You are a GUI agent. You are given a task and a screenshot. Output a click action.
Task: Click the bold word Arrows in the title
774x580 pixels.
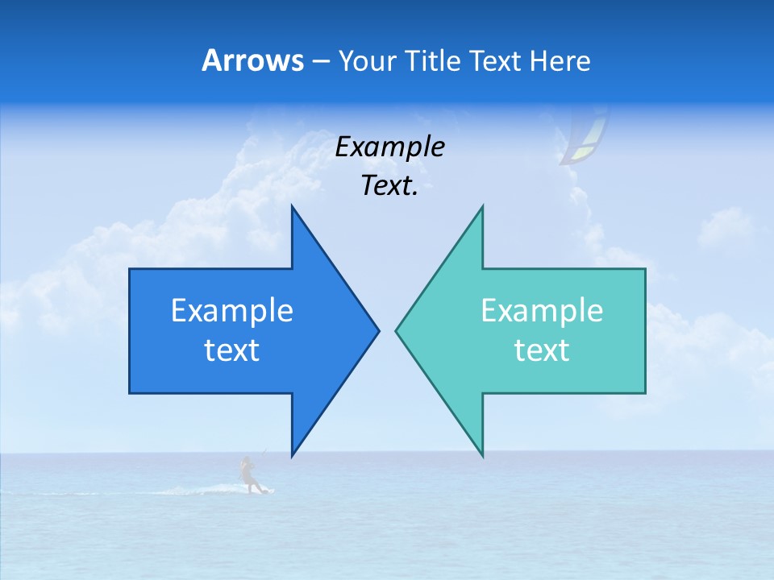click(252, 60)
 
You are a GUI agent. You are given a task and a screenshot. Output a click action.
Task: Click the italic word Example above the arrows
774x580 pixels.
click(389, 147)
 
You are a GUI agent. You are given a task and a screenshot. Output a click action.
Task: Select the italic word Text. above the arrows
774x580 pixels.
click(389, 186)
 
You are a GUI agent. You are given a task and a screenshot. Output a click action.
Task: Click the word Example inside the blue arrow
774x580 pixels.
click(232, 310)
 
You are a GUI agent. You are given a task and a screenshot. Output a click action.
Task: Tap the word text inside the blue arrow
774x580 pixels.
click(232, 350)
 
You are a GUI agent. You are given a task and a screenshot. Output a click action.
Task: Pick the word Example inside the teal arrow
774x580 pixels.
click(542, 310)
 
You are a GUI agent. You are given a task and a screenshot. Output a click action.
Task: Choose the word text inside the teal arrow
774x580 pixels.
click(542, 350)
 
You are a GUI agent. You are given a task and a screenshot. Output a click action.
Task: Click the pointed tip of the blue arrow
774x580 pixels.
click(378, 329)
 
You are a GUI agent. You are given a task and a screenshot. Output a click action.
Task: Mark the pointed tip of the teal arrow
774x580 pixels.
click(396, 329)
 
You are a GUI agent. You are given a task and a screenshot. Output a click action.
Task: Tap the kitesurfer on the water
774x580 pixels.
click(248, 475)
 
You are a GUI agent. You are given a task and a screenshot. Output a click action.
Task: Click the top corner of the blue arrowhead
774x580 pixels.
click(292, 206)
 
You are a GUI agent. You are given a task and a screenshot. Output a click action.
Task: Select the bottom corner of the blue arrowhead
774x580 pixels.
click(292, 456)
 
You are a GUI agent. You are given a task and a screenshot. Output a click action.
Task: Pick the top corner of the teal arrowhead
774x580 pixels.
click(482, 206)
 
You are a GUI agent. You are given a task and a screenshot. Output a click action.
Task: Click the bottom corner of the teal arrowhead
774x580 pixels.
click(482, 456)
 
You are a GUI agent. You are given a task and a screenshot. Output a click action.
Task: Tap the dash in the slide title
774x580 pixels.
click(320, 61)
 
